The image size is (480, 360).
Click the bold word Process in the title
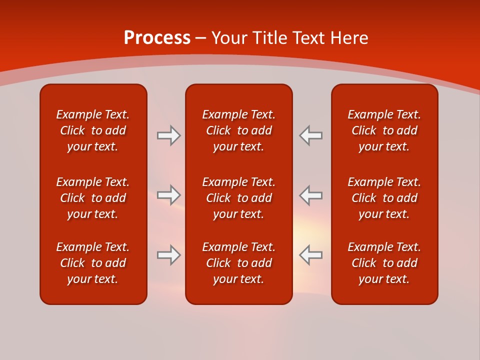coord(157,38)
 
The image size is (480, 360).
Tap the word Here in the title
coord(350,38)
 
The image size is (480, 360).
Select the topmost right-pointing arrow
coord(168,135)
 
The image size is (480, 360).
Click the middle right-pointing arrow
coord(168,195)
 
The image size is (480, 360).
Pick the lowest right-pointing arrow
coord(168,255)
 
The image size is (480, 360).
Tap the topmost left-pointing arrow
coord(311,135)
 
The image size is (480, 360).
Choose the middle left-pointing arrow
coord(311,195)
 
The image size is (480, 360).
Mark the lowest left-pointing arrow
coord(311,255)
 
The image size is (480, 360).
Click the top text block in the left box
coord(93,130)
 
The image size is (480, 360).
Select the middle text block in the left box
coord(93,198)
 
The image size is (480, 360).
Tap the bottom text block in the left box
coord(93,263)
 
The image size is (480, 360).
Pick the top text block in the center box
coord(239,130)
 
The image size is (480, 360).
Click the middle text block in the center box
coord(239,198)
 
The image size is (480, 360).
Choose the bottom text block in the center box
coord(239,263)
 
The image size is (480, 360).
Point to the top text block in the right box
coord(384,130)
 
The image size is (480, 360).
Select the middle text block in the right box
coord(384,198)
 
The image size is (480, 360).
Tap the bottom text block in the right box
coord(384,263)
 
